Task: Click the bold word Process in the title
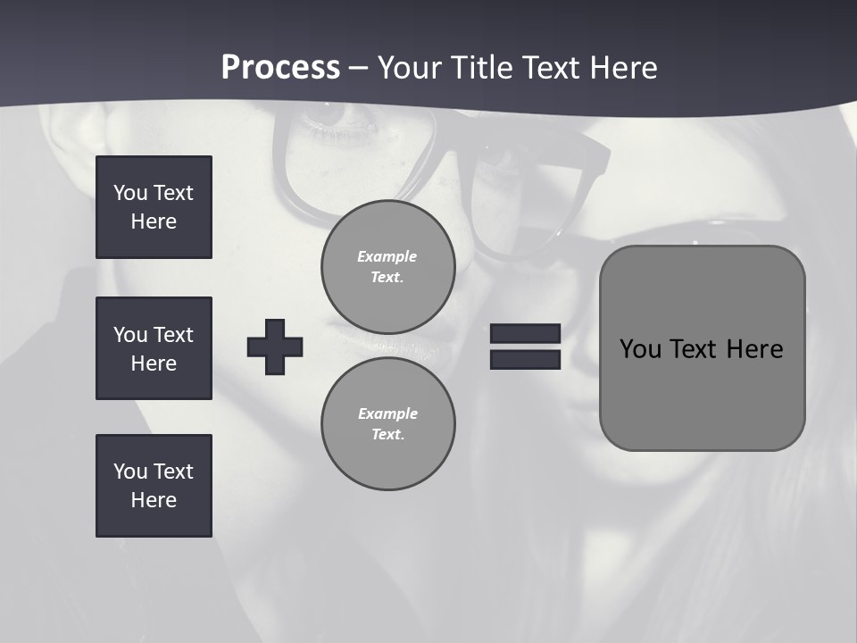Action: (x=280, y=68)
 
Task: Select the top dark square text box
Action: (x=154, y=207)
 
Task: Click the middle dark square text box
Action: (x=154, y=348)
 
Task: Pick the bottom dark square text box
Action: (x=154, y=486)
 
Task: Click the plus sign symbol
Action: (x=275, y=347)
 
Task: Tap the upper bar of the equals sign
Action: (x=525, y=333)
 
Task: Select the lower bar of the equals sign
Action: (x=525, y=359)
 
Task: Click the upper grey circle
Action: (x=387, y=267)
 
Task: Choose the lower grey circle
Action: (x=387, y=424)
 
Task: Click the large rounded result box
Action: (x=702, y=347)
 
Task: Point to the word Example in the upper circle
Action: (x=387, y=256)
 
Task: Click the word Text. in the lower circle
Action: (x=387, y=435)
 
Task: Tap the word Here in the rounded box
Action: (x=754, y=348)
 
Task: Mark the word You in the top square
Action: (x=129, y=193)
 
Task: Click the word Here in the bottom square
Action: (x=154, y=500)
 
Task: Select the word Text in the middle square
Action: (x=173, y=335)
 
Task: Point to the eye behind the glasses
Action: (x=332, y=113)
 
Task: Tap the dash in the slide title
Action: (x=359, y=68)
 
